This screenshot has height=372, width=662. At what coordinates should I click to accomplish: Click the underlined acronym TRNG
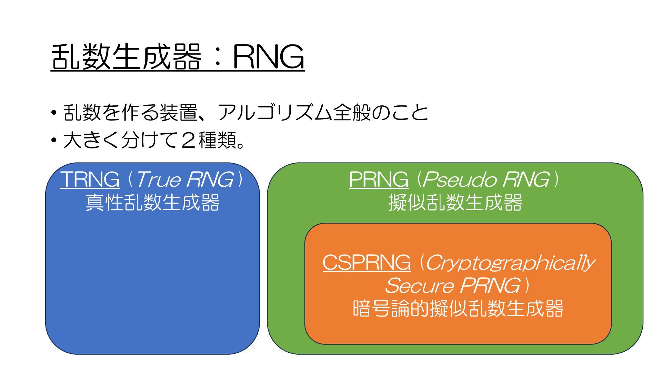click(90, 179)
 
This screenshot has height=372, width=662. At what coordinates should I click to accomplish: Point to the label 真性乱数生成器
click(152, 203)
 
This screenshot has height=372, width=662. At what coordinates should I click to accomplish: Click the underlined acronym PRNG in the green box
click(379, 179)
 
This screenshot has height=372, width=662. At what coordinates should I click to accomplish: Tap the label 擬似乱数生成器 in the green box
click(455, 203)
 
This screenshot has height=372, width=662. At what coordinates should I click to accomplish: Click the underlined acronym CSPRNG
click(367, 262)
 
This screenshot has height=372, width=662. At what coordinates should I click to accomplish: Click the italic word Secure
click(419, 286)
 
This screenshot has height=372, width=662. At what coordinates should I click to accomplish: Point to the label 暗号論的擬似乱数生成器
click(458, 308)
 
